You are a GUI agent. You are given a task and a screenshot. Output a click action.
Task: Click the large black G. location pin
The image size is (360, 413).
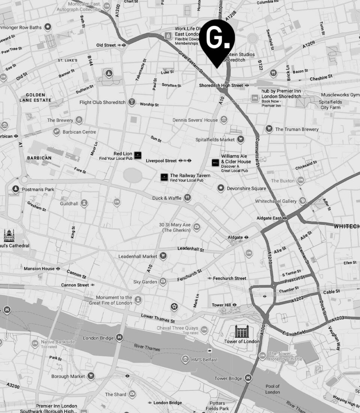217,39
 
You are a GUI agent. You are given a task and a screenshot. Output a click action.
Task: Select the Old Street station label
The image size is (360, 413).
106,45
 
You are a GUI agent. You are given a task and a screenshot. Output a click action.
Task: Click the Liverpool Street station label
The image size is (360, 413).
161,161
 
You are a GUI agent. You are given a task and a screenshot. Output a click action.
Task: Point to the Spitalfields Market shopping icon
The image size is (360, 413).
241,140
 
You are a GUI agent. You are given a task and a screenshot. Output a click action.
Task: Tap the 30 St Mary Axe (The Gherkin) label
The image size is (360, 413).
175,227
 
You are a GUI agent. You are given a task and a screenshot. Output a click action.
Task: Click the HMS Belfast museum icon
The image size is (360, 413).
185,359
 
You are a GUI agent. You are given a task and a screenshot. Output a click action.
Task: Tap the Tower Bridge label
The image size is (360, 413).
228,378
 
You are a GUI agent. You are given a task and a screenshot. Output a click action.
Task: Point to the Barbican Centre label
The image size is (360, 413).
79,132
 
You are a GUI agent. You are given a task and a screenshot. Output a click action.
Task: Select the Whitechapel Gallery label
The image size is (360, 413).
276,201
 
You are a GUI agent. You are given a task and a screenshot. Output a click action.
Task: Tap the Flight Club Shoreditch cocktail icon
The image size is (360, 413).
132,102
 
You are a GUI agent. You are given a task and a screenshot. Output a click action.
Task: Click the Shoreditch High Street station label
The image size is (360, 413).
221,85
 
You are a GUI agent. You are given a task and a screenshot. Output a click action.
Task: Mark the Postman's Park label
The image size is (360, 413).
38,189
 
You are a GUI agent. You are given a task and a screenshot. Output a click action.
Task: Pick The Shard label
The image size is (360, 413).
115,394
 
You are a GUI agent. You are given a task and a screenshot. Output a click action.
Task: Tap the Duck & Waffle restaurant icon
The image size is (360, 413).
188,197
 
